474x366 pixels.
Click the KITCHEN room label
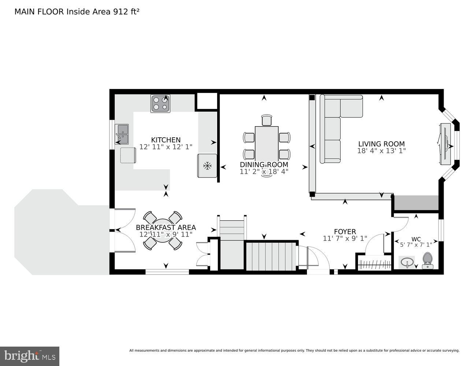[x=166, y=140]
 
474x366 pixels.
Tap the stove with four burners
[x=160, y=103]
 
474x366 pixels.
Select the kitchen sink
[x=122, y=134]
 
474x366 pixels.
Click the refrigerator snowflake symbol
[x=208, y=166]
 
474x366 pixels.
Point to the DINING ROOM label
[x=264, y=165]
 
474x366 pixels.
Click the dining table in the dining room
[x=266, y=143]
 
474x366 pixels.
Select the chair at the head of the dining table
[x=267, y=120]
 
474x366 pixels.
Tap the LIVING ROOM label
[x=381, y=144]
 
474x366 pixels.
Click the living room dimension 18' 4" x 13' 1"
[x=381, y=151]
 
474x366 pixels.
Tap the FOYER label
[x=345, y=232]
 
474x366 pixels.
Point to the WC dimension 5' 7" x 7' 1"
[x=415, y=245]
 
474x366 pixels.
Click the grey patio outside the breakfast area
[x=55, y=234]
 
